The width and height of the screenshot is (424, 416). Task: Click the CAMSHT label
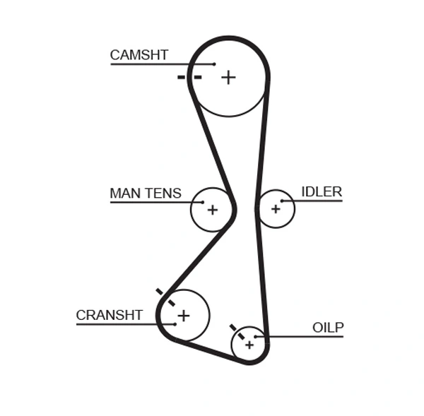(x=139, y=55)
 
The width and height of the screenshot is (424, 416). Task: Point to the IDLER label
(x=322, y=191)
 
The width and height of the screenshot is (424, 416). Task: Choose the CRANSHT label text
(x=110, y=315)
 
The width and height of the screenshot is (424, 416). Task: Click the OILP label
(x=328, y=327)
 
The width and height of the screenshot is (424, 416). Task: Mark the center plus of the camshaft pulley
(x=228, y=77)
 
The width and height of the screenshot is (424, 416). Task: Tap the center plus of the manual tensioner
(x=212, y=210)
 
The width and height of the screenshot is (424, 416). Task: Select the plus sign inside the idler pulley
(x=275, y=209)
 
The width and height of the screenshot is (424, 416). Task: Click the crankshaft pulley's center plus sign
(x=183, y=315)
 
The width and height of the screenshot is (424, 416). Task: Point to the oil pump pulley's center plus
(x=249, y=345)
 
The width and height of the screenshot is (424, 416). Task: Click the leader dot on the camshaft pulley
(x=214, y=64)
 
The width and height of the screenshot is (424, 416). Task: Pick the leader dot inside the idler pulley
(x=282, y=201)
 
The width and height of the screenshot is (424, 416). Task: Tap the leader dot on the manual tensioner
(x=202, y=203)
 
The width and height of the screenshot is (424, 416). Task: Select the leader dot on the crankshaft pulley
(x=174, y=324)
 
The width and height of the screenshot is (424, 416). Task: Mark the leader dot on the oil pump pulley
(x=256, y=336)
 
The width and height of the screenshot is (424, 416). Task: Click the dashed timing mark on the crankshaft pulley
(x=165, y=297)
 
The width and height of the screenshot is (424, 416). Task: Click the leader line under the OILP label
(x=304, y=336)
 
